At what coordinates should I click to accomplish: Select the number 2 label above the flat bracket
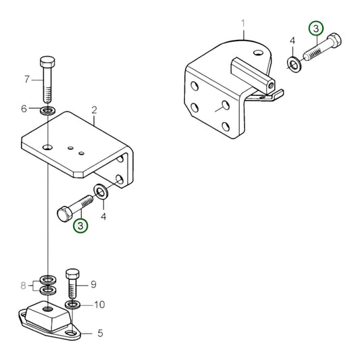95,109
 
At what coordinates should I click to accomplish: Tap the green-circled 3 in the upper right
315,28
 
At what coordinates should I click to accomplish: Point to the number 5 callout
101,332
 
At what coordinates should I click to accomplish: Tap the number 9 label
95,284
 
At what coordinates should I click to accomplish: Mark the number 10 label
99,305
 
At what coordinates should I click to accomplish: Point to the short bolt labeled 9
73,284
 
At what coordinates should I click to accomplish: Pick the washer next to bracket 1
294,65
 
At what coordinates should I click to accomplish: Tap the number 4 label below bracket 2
103,217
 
